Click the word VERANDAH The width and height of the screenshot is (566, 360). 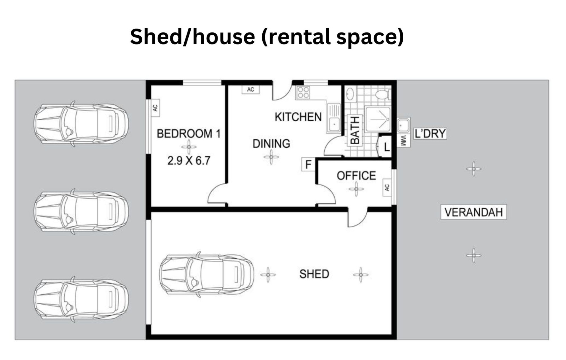pos(473,212)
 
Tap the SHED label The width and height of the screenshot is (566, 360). pos(314,274)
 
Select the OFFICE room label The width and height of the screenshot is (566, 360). pos(356,176)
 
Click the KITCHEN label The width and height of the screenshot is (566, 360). pos(298,117)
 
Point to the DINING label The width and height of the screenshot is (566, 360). pos(271,143)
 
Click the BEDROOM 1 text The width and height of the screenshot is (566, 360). pos(189,133)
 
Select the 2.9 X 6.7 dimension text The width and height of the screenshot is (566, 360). pos(189,161)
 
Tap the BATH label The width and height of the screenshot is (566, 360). pos(355,130)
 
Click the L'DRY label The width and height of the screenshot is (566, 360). pos(430,133)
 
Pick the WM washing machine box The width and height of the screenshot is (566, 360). pos(404,141)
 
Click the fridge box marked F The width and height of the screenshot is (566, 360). pos(308,164)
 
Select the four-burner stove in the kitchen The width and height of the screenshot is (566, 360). pos(303,92)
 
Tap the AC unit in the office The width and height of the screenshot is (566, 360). pos(387,187)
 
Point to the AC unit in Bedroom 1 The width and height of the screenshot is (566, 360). pos(155,108)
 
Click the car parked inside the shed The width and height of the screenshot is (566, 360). pos(207,274)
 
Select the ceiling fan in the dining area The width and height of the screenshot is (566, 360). pos(271,157)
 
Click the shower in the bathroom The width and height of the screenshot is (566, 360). pos(378,119)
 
